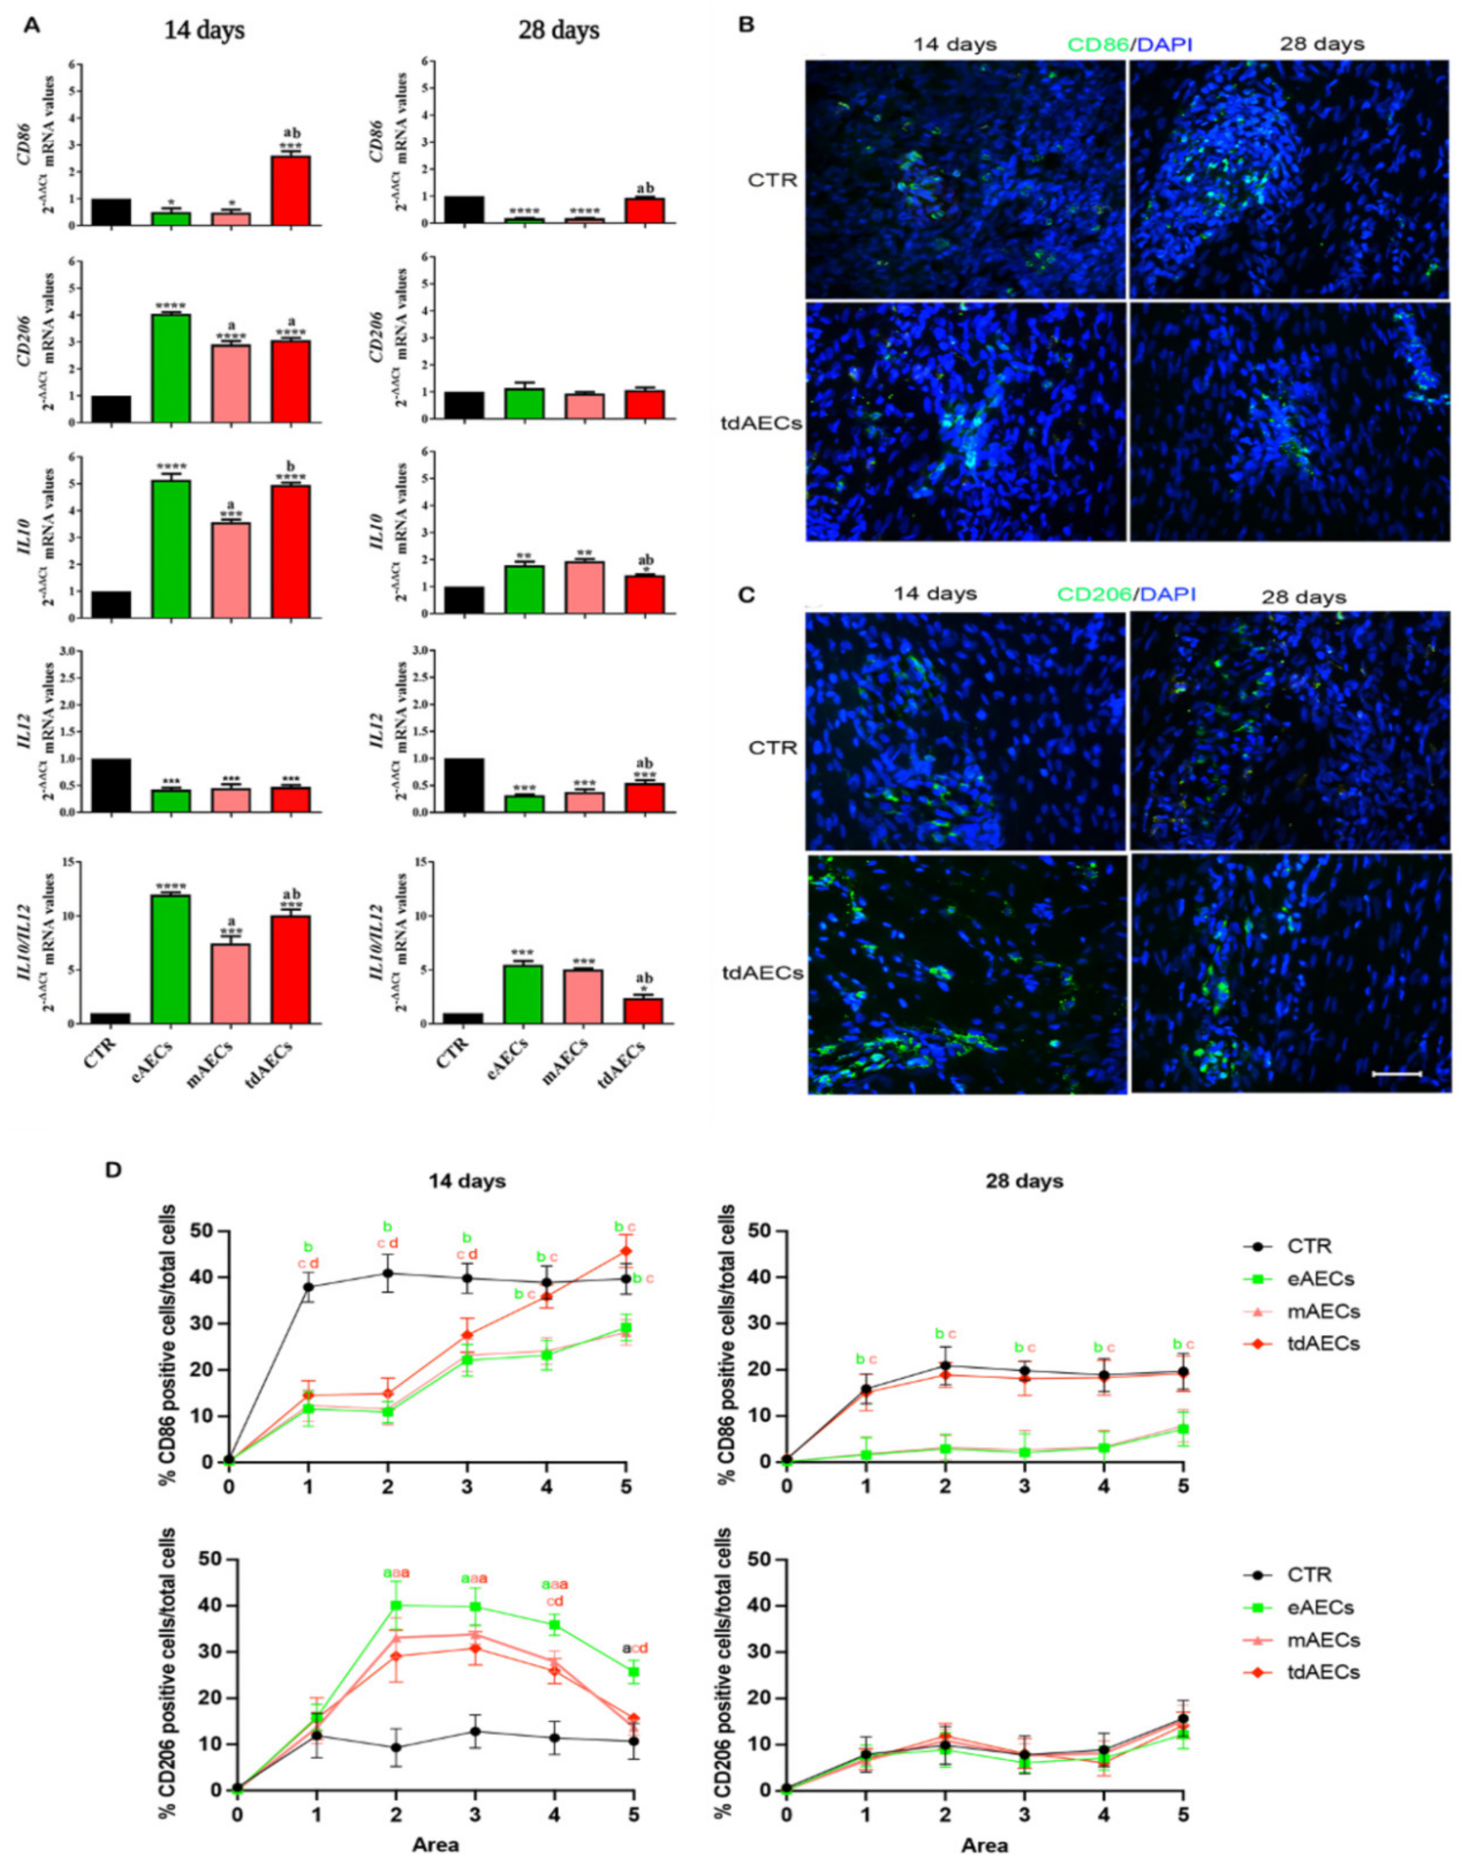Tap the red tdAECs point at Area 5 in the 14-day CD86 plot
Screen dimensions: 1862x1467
coord(626,1250)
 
